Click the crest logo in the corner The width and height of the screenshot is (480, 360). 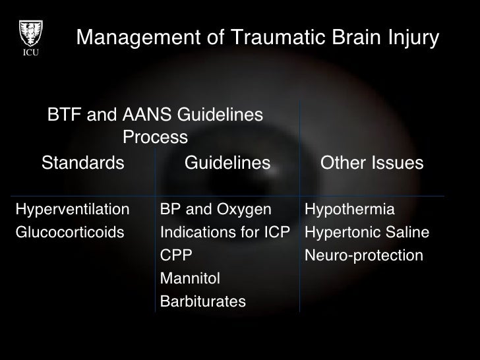coord(30,30)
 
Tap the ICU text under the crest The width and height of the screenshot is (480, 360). coord(30,53)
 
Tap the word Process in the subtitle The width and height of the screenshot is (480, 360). coord(156,138)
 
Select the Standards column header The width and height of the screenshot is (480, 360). coord(83,163)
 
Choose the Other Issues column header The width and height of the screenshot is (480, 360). coord(371,163)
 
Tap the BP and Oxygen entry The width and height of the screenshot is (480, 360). coord(216,210)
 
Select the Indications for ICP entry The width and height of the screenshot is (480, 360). coord(225,233)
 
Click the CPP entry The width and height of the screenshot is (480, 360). coord(177,255)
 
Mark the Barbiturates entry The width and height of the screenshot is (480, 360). coord(203,301)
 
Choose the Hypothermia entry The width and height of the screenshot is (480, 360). coord(349,210)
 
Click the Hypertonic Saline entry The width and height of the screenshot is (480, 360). coord(367,233)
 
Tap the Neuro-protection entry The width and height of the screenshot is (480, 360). coord(364,255)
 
